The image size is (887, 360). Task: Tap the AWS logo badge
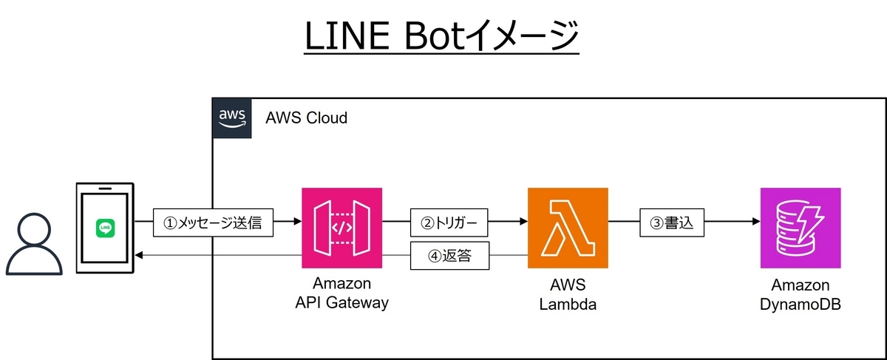(232, 118)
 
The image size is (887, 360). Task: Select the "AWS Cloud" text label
(307, 118)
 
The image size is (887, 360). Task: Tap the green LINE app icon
(106, 228)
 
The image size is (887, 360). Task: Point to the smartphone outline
(105, 227)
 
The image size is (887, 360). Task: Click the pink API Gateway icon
(341, 228)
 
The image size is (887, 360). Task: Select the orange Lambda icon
(568, 228)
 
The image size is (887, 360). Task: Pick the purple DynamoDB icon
(801, 228)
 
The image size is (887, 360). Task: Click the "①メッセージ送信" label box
(213, 222)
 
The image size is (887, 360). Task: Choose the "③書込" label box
(672, 222)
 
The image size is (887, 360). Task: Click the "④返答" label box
(449, 257)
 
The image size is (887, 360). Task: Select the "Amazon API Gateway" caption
(341, 293)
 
